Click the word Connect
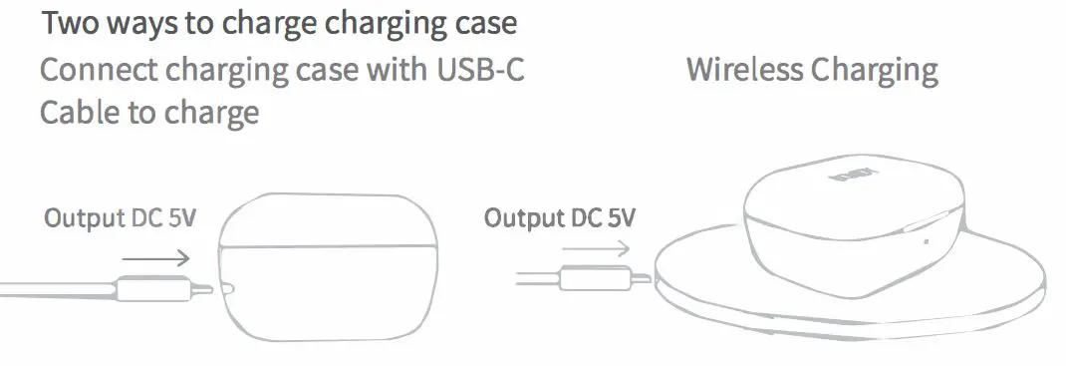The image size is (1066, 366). tap(105, 72)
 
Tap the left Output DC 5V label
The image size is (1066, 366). tap(119, 217)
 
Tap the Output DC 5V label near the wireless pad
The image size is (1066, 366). tap(559, 217)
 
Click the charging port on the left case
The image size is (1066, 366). tap(228, 290)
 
